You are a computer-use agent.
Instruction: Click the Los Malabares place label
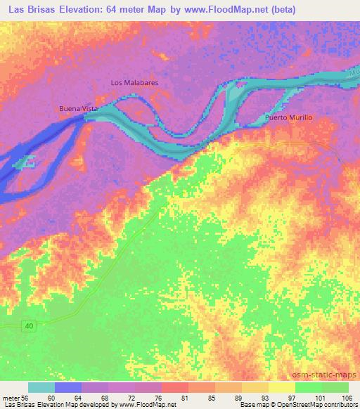[x=134, y=82]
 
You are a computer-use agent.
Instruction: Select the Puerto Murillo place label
[x=288, y=117]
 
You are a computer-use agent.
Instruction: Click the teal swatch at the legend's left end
[x=41, y=387]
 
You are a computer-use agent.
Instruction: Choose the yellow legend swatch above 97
[x=281, y=387]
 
